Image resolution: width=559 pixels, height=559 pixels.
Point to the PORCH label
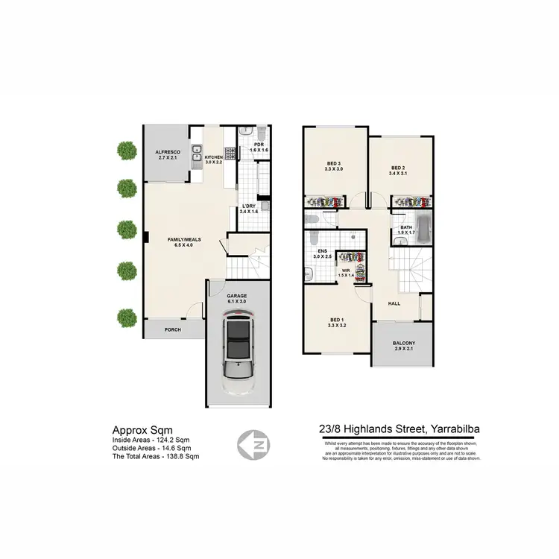[172, 329]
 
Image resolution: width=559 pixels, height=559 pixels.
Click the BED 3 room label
[334, 165]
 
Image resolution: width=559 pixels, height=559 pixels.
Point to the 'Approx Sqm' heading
[142, 430]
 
